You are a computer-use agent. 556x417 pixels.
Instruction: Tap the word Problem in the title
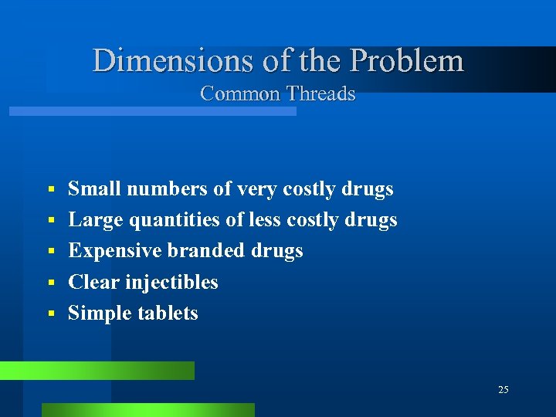click(407, 60)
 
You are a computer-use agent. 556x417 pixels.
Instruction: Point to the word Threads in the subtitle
click(320, 94)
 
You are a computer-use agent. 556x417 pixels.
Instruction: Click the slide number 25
click(503, 390)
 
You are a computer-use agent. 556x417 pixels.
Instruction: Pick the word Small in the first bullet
click(95, 189)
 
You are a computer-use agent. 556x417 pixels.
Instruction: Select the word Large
click(96, 220)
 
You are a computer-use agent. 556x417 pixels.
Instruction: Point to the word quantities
click(175, 221)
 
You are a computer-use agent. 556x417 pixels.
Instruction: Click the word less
click(266, 220)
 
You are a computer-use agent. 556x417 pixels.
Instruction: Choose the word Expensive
click(114, 251)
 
